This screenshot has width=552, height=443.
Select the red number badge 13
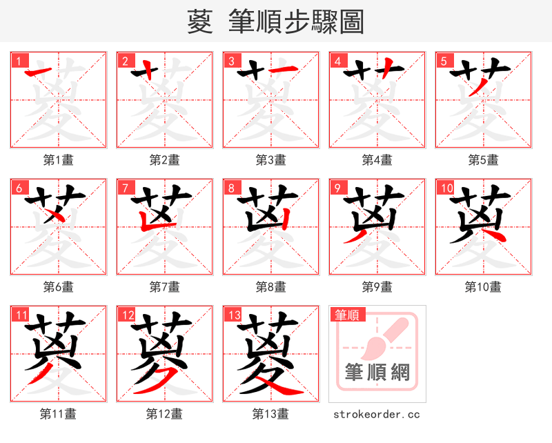pyautogui.click(x=233, y=315)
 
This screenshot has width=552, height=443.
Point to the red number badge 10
pyautogui.click(x=445, y=188)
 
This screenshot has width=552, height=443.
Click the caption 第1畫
pyautogui.click(x=59, y=160)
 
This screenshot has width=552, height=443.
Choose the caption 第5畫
pyautogui.click(x=483, y=160)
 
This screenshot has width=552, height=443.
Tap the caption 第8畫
pyautogui.click(x=270, y=286)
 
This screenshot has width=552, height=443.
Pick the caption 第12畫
pyautogui.click(x=164, y=414)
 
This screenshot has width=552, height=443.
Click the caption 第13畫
pyautogui.click(x=270, y=414)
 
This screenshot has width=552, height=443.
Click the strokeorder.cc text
pyautogui.click(x=377, y=414)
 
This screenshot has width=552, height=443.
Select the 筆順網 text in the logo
pyautogui.click(x=377, y=373)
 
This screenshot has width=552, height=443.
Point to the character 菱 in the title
pyautogui.click(x=199, y=22)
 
